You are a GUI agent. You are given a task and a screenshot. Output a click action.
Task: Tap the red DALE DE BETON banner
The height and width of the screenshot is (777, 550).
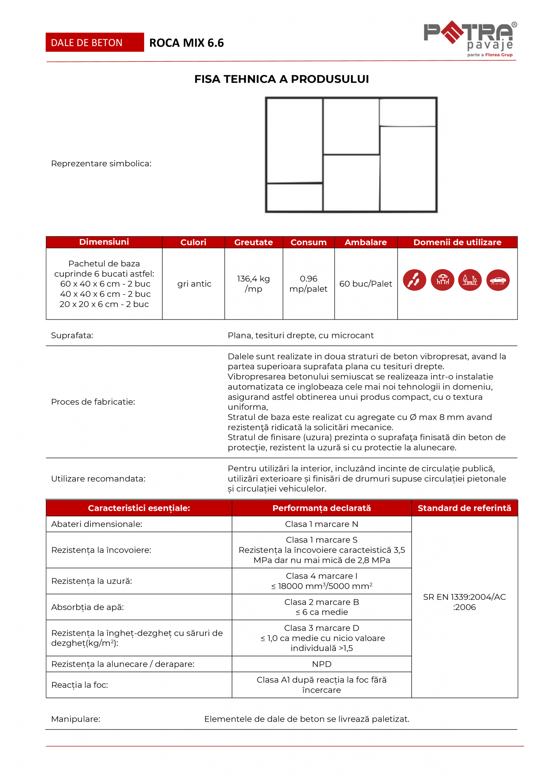94,42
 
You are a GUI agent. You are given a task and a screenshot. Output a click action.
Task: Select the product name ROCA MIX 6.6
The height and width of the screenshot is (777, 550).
186,43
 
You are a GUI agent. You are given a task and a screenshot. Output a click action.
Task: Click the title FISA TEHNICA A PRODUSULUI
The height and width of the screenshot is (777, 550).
282,79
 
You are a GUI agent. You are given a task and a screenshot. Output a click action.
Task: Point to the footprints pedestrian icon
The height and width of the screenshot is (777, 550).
414,280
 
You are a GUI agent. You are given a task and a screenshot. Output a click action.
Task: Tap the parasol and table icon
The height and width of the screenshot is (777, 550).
442,280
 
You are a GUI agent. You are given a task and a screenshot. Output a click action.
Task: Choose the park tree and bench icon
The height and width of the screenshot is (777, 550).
470,280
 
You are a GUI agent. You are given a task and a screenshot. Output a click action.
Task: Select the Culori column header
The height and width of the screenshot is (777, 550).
193,242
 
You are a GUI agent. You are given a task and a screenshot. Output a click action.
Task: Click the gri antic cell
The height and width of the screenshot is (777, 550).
194,283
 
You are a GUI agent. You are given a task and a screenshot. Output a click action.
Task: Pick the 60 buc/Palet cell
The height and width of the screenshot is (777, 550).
366,283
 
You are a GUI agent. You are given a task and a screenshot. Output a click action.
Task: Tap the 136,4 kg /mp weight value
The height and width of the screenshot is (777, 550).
253,283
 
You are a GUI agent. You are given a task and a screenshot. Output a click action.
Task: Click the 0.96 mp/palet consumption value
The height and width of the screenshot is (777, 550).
308,283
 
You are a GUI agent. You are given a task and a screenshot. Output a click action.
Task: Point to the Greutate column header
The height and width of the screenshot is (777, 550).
253,242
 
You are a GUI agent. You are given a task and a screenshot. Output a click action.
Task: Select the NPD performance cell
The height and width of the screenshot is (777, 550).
321,664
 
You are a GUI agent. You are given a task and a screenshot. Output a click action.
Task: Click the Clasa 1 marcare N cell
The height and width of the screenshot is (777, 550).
321,524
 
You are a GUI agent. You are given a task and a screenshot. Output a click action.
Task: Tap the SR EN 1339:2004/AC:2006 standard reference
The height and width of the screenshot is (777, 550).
464,602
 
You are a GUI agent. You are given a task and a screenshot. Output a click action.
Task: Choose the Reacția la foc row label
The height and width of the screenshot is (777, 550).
80,685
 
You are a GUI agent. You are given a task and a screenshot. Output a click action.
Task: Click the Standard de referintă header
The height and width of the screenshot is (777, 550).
464,508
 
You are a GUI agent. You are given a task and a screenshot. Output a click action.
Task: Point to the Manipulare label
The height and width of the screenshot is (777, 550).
76,719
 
